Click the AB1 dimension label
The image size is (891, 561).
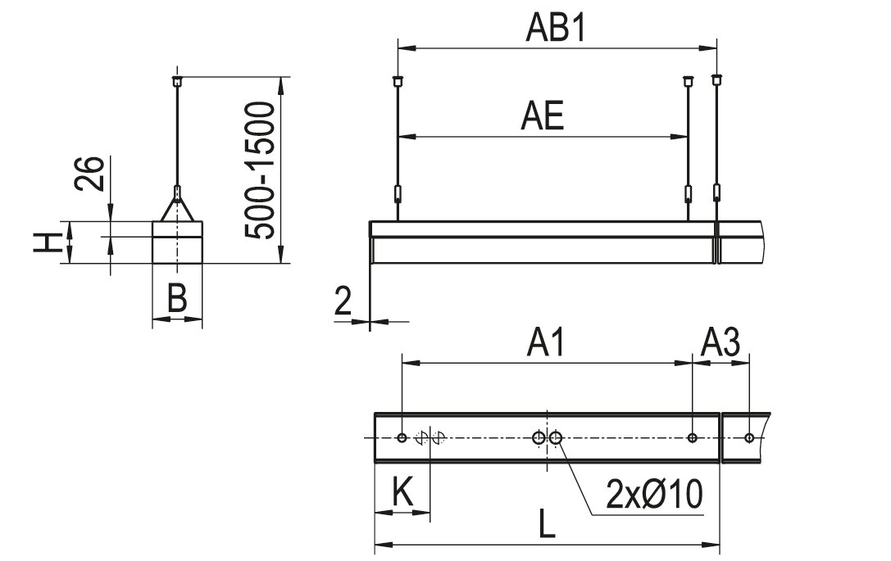click(555, 28)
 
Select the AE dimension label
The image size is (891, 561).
click(542, 115)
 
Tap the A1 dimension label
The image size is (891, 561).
click(547, 343)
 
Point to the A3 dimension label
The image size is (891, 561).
click(721, 343)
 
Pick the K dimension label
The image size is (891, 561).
click(403, 492)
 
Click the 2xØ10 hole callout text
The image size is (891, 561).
click(655, 494)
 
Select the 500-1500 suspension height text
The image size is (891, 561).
click(261, 170)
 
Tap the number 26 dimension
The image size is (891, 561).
click(91, 174)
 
